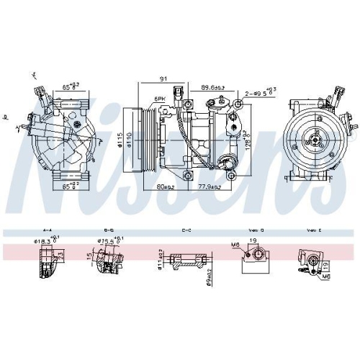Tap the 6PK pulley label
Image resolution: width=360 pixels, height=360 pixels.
159,99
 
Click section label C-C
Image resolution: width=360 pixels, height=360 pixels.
186,230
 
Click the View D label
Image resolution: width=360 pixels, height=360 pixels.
257,230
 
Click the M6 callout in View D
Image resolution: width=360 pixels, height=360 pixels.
235,247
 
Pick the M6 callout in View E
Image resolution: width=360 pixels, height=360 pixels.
328,276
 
